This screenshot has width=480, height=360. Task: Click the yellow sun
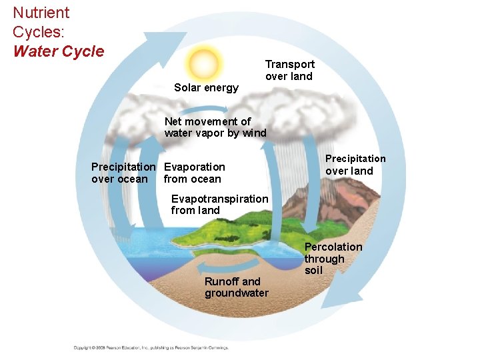[203, 63]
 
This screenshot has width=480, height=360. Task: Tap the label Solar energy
[206, 88]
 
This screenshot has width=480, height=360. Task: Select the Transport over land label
[289, 70]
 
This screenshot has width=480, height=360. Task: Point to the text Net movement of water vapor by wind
[215, 127]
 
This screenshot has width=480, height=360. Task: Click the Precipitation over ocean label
[123, 173]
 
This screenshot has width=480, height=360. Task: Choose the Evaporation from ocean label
[194, 173]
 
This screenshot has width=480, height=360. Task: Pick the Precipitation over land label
[355, 165]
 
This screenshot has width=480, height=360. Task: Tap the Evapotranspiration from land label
[219, 205]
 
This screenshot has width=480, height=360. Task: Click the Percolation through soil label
[333, 259]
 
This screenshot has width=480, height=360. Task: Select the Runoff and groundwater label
[236, 287]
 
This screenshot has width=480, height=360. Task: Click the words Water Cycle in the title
[59, 51]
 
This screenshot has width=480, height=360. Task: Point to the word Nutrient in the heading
[41, 13]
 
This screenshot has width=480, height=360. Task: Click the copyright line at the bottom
[151, 347]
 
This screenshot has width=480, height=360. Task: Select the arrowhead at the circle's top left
[159, 40]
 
